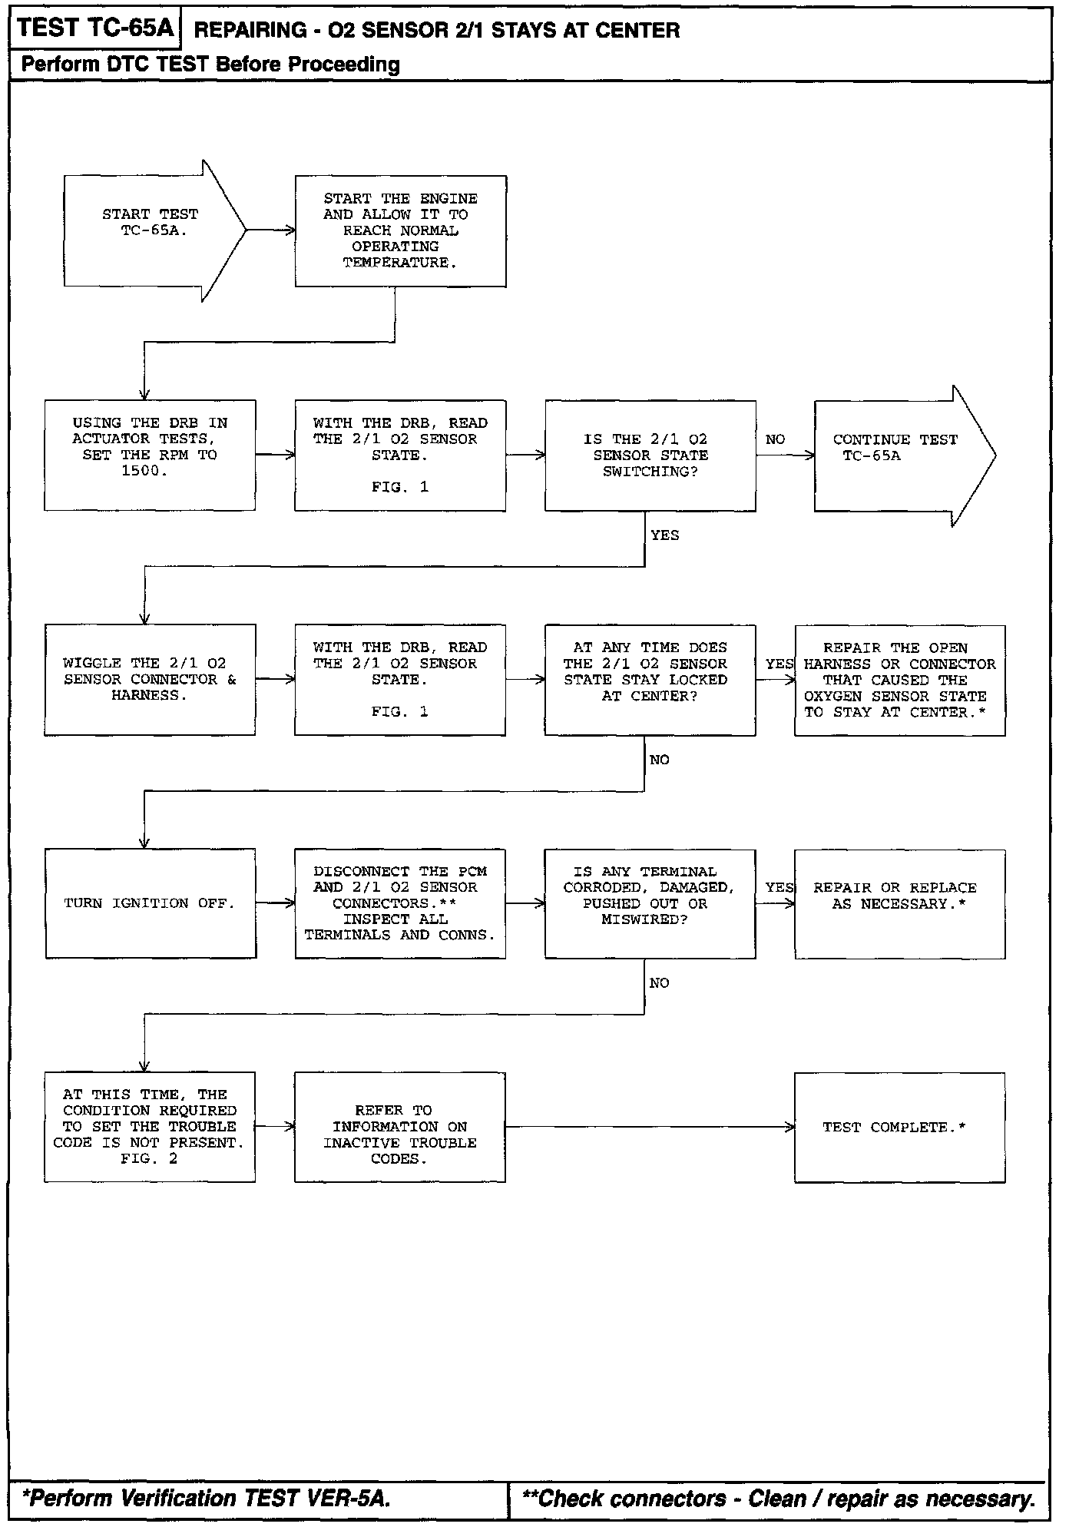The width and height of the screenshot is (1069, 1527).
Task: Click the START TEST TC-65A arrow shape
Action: (x=150, y=230)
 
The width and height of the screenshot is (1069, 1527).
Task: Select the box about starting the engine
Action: (x=400, y=230)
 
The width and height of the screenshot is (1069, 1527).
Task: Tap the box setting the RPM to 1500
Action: (x=150, y=455)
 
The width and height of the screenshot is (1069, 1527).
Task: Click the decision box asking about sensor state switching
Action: (x=650, y=455)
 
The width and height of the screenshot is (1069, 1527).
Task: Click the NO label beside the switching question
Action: (x=775, y=439)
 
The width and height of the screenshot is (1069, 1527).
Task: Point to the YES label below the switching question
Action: (x=664, y=535)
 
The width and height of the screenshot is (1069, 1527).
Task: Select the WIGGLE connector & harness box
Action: (x=150, y=680)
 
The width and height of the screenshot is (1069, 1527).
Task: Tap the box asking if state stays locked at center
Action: (x=650, y=680)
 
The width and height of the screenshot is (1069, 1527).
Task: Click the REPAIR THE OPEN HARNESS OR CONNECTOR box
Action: (x=899, y=680)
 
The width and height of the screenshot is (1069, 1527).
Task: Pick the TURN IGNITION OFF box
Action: (x=151, y=903)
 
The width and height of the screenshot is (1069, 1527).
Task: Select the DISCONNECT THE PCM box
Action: (x=400, y=903)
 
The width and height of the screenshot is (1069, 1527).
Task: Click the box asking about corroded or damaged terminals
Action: (x=650, y=903)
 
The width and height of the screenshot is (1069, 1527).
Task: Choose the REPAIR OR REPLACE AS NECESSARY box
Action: (x=899, y=903)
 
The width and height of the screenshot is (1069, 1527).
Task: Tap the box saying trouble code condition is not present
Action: (x=150, y=1127)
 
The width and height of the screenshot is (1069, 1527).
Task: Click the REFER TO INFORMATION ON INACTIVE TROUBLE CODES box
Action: (x=400, y=1127)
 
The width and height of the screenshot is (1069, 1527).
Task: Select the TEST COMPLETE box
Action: (x=899, y=1127)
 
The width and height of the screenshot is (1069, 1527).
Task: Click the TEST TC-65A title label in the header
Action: (x=95, y=28)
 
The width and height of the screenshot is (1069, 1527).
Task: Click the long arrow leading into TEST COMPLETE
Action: (x=650, y=1127)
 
